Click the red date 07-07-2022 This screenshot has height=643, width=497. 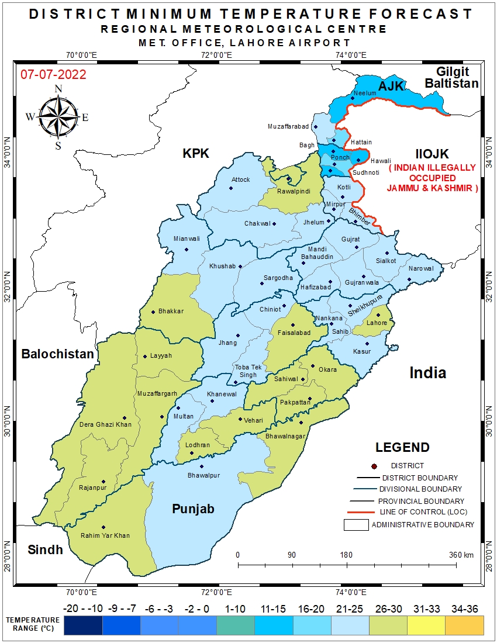[x=53, y=75]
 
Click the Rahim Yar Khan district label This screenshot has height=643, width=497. [x=106, y=535]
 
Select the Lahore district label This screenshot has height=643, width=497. [x=377, y=323]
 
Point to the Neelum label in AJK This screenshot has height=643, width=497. [x=365, y=94]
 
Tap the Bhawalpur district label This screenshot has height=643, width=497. [x=203, y=475]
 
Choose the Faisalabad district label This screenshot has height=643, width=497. [x=292, y=333]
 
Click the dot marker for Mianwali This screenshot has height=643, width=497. [x=187, y=250]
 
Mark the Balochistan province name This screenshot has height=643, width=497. [x=57, y=354]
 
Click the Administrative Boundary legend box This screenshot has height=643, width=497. [x=356, y=524]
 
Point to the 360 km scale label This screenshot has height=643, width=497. [x=461, y=555]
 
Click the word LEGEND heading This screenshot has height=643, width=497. [x=402, y=448]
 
